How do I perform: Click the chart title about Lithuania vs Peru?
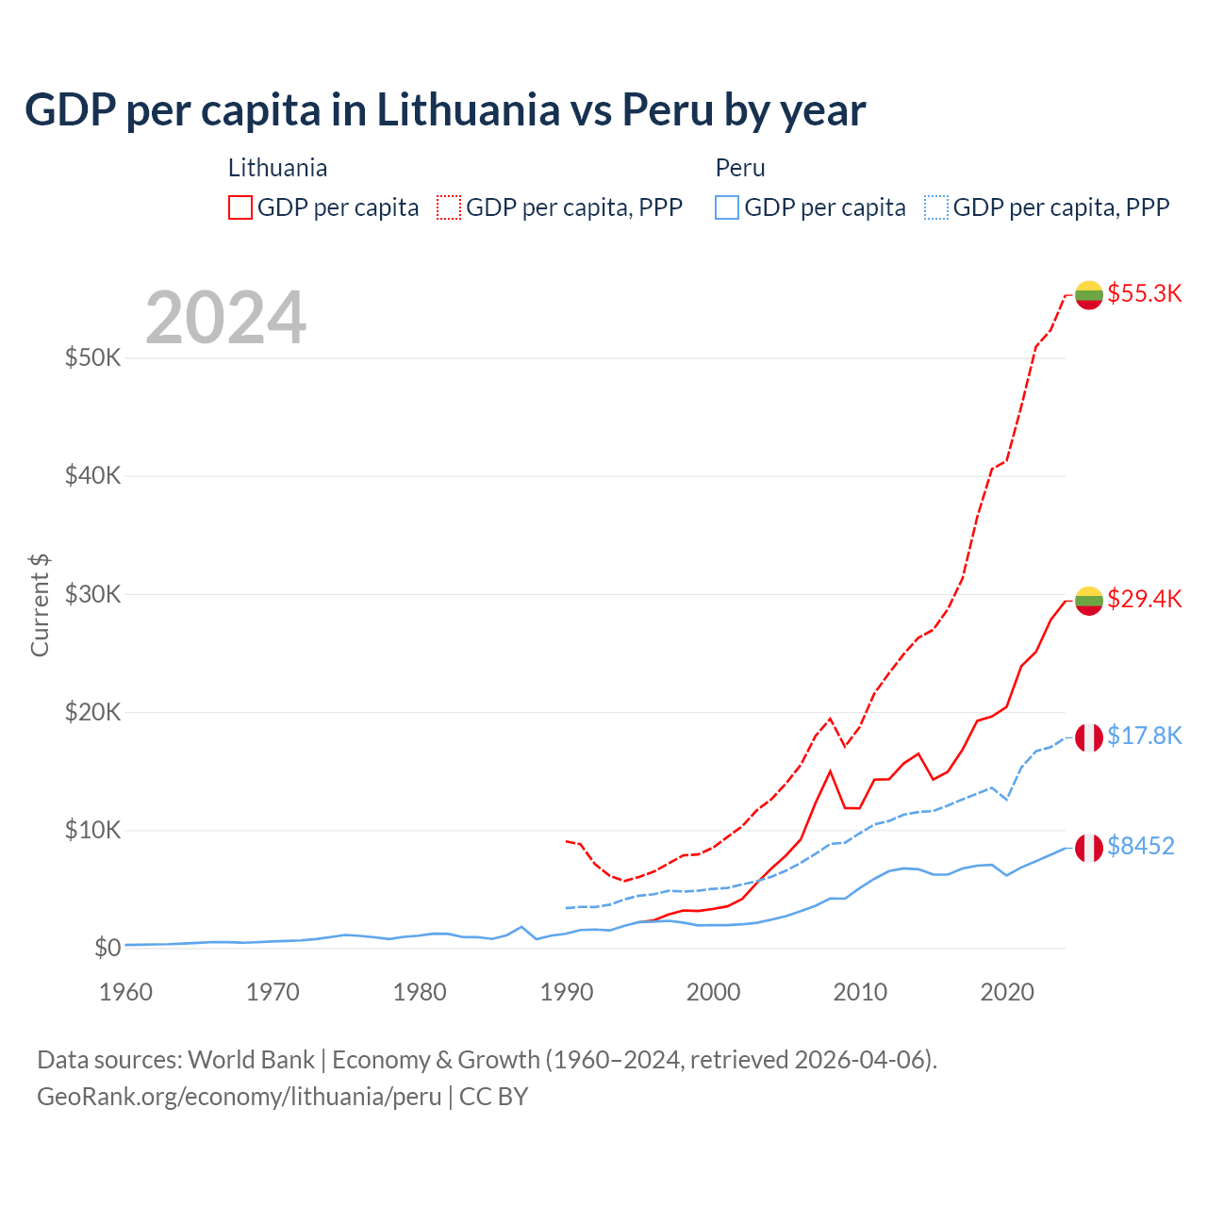(445, 110)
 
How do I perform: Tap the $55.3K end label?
(1144, 293)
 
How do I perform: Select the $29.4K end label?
(1144, 599)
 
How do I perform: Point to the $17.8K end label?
(1144, 736)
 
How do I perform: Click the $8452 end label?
(1140, 846)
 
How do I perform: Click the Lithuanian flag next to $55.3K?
(1089, 294)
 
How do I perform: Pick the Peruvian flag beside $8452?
(1089, 847)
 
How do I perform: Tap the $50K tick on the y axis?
(92, 358)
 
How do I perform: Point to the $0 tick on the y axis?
(107, 948)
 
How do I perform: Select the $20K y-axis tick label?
(92, 712)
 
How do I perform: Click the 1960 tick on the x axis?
(125, 992)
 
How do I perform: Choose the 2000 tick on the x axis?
(714, 992)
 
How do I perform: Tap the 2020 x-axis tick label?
(1007, 992)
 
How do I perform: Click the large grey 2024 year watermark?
(226, 318)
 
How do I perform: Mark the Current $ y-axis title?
(40, 605)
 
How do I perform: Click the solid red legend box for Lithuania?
(240, 207)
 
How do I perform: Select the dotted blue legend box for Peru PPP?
(936, 207)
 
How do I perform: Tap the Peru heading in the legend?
(740, 168)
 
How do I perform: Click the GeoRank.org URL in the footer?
(240, 1097)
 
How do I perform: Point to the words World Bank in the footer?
(251, 1060)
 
